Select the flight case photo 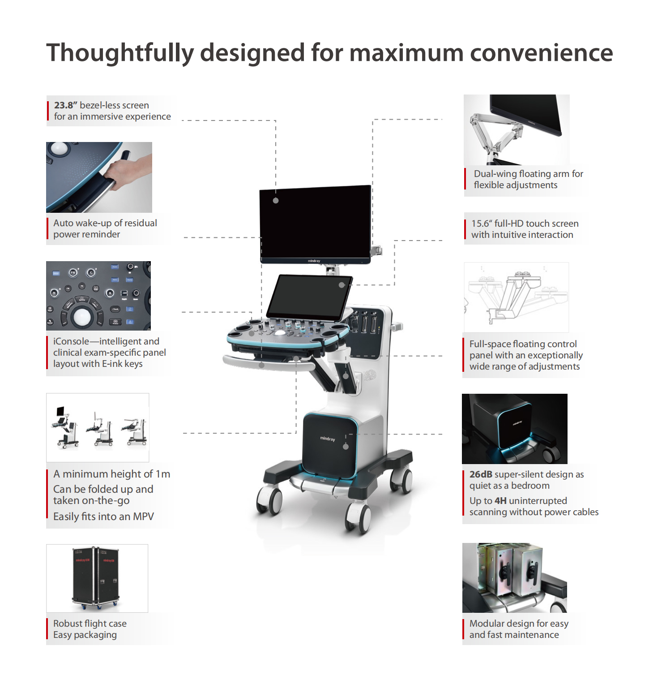(x=97, y=578)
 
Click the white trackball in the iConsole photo (x=82, y=316)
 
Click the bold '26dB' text (x=481, y=474)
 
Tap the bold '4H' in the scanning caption (x=500, y=501)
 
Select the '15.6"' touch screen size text (x=482, y=224)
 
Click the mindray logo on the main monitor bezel (x=314, y=261)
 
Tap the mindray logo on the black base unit (x=328, y=439)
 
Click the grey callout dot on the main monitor (x=276, y=201)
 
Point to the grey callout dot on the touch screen (x=342, y=285)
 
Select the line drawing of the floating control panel (x=517, y=297)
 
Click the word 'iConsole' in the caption (x=71, y=341)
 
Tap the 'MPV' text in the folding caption (x=143, y=516)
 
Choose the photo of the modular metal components (x=515, y=578)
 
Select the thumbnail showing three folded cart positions (x=98, y=427)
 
